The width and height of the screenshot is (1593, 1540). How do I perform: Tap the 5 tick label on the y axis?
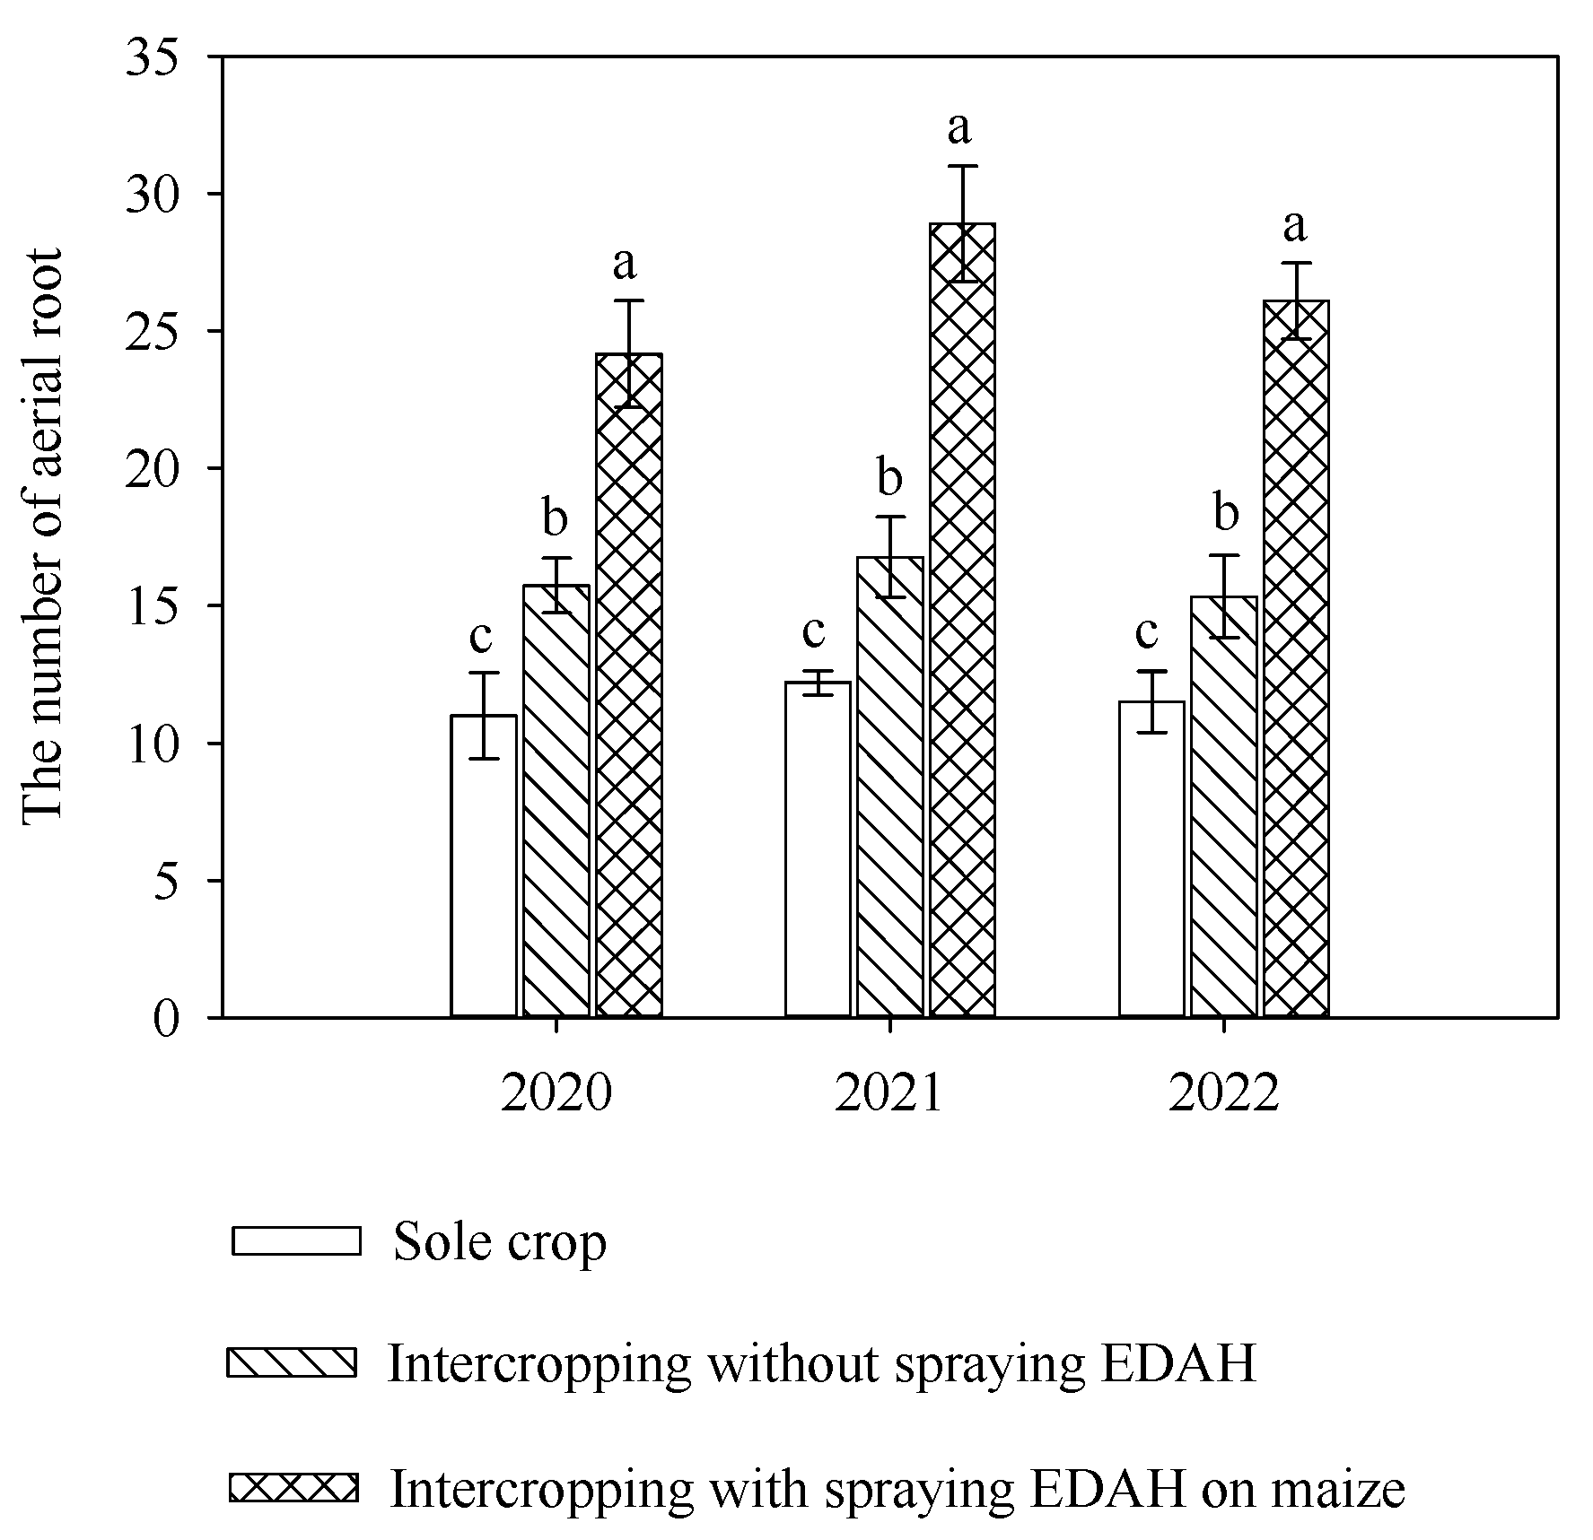(166, 881)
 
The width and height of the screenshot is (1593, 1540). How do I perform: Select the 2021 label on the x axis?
(888, 1094)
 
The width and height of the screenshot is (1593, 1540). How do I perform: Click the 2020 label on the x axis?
(556, 1094)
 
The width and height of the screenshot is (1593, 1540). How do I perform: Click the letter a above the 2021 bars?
(959, 128)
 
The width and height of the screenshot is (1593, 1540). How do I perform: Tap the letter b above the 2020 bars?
(556, 518)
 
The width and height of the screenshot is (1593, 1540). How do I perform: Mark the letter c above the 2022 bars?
(1147, 633)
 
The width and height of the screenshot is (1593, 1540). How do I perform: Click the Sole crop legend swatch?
(296, 1240)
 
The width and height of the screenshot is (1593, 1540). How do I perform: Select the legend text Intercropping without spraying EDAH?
(821, 1363)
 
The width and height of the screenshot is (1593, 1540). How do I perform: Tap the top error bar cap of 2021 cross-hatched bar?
(962, 166)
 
